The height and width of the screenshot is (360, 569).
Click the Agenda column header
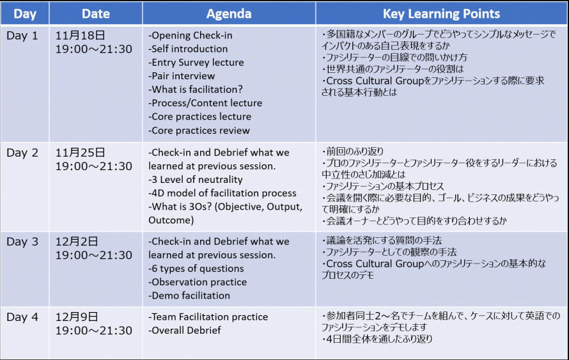pos(229,14)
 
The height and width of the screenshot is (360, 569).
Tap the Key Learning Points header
pos(441,14)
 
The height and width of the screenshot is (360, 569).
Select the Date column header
pos(96,14)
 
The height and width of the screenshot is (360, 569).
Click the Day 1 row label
pos(22,36)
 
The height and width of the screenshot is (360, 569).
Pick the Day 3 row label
pos(22,242)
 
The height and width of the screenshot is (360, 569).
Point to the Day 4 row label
pos(22,317)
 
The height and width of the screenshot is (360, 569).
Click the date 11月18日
pos(80,36)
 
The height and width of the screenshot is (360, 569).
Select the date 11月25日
pos(80,153)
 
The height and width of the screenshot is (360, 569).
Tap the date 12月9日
pos(77,317)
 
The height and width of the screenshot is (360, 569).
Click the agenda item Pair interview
pos(182,76)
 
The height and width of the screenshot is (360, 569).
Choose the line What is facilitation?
pos(195,90)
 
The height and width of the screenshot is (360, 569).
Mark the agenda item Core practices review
pos(199,130)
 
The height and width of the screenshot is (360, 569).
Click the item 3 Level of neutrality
pos(195,180)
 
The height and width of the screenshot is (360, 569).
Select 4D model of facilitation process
pos(222,193)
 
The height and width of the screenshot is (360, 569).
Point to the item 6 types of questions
pos(196,269)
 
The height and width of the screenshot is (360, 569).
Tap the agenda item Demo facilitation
pos(189,296)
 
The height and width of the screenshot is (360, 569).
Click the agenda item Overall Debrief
pos(184,330)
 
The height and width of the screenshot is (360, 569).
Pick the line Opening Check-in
pos(190,36)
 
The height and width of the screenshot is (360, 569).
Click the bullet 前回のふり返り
pos(353,152)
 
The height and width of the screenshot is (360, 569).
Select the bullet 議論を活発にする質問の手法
pos(382,240)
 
